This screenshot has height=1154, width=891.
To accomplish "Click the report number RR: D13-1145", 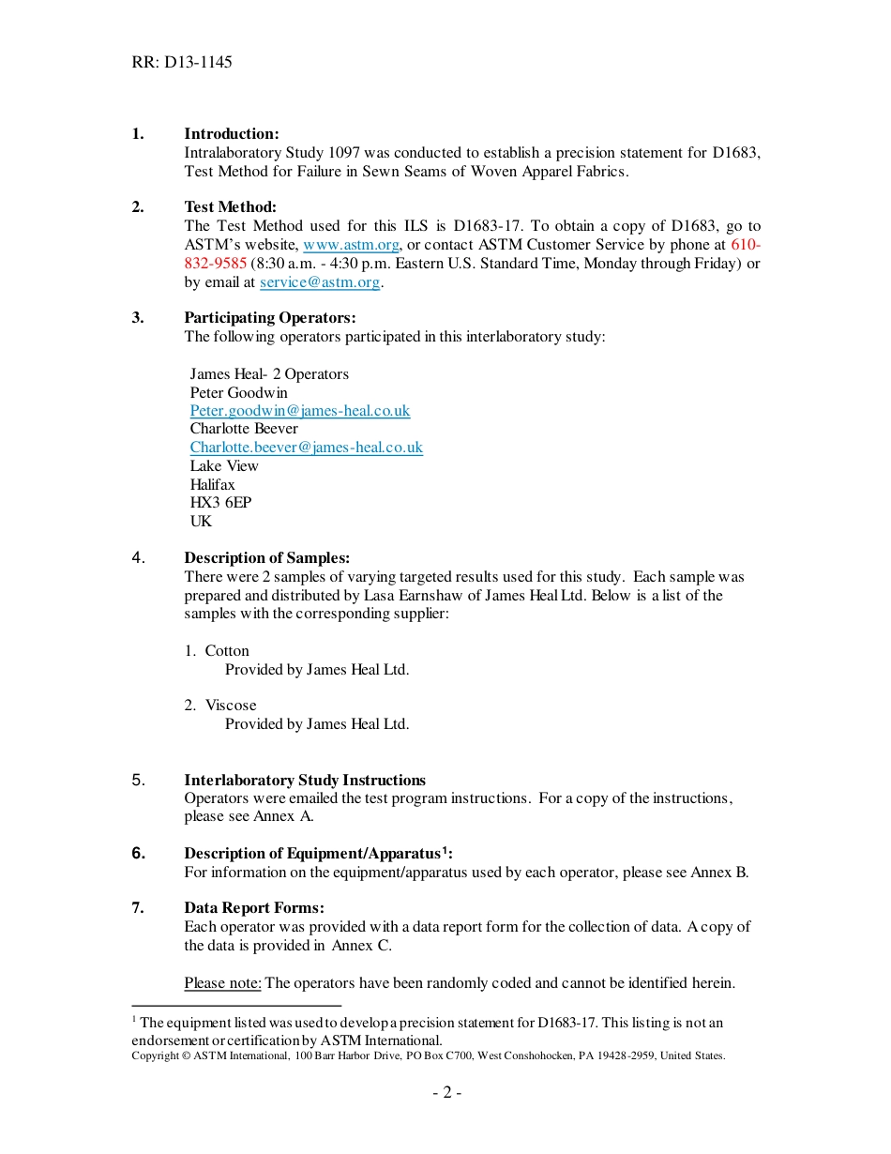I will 182,63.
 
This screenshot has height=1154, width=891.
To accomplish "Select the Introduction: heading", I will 232,134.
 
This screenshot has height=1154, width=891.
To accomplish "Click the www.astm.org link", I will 351,245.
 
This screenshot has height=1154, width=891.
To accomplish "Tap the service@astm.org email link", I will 320,281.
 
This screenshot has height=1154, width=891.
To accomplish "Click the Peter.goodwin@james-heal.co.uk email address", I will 300,411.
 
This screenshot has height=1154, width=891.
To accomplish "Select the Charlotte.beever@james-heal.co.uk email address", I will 307,448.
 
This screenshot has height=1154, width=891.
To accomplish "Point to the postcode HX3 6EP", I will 220,503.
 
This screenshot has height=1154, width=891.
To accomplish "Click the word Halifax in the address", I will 213,485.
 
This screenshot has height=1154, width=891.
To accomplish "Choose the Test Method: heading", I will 230,207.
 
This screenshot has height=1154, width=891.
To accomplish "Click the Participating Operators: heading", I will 270,318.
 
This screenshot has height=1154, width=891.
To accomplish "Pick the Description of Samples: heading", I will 267,558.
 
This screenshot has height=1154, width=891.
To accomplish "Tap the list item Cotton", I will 227,651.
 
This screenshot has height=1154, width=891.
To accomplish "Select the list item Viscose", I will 231,706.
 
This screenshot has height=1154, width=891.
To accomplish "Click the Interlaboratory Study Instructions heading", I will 305,781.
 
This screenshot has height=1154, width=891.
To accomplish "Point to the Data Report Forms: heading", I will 254,908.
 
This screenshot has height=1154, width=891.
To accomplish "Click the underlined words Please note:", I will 223,983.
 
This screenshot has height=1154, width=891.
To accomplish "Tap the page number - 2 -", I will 446,1092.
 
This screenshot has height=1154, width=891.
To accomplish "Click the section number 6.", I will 139,854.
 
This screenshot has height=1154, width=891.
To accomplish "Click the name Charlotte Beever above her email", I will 244,429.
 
